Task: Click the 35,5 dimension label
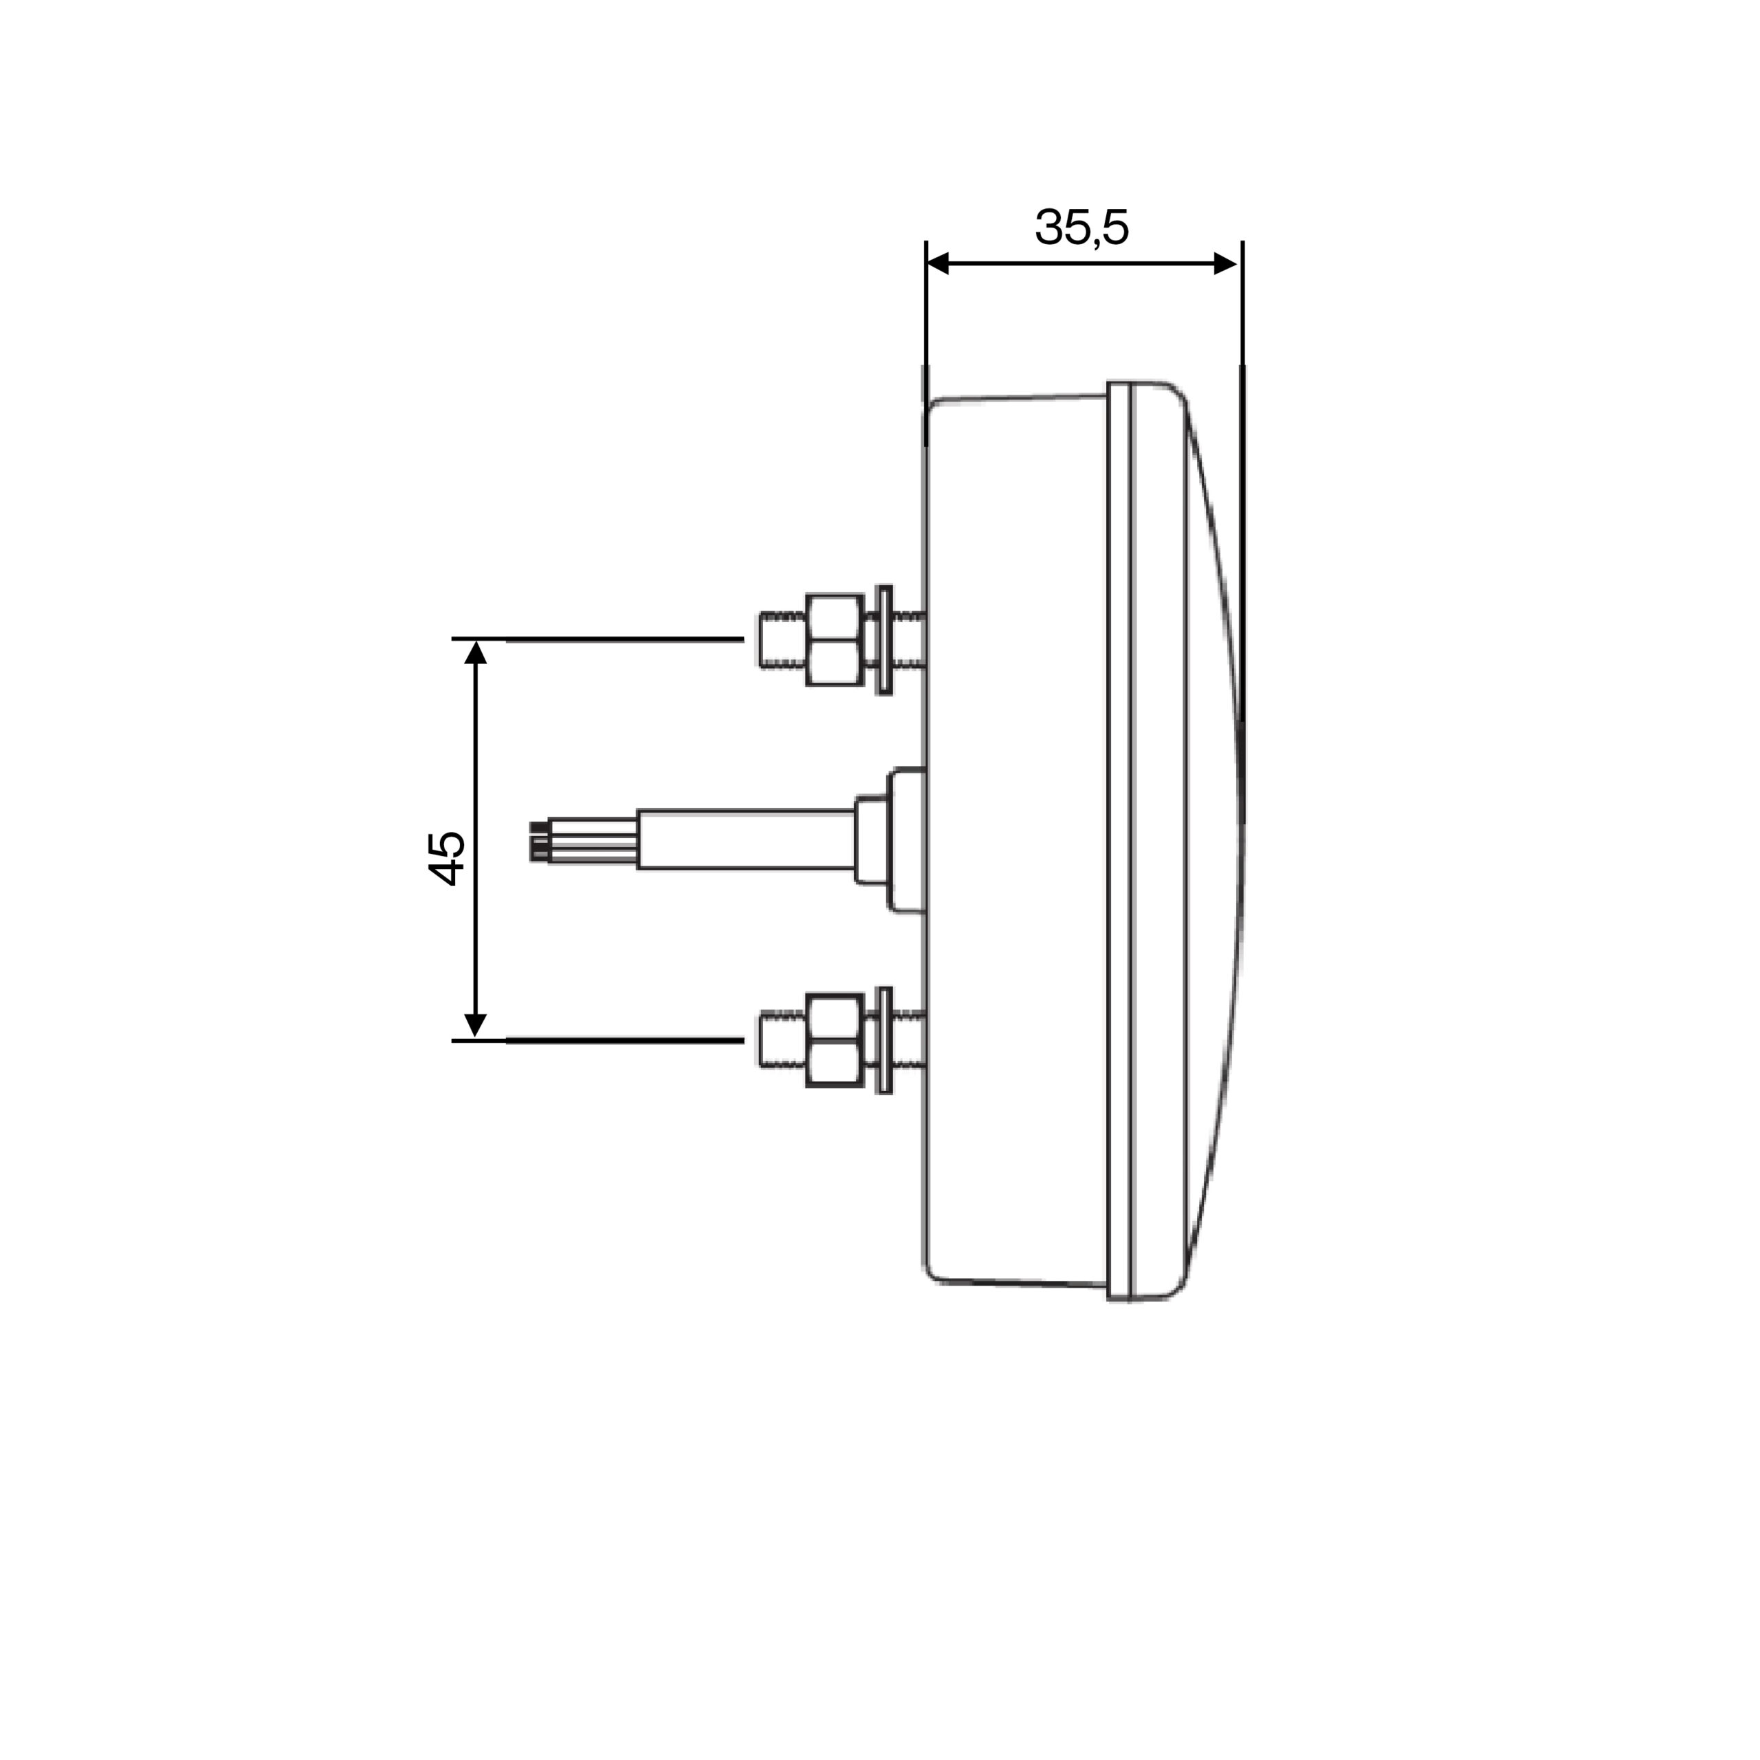[x=1081, y=227]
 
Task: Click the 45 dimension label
[x=445, y=858]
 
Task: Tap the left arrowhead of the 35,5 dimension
[x=937, y=264]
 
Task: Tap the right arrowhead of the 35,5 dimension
[x=1226, y=264]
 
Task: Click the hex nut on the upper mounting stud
[x=835, y=639]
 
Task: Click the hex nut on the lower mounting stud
[x=835, y=1040]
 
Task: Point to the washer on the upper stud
[x=883, y=639]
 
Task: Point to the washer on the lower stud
[x=883, y=1040]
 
